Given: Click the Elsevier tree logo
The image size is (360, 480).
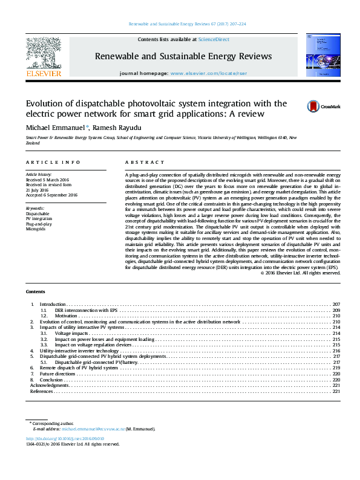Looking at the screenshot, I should [44, 53].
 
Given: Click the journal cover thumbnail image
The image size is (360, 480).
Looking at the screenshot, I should [321, 56].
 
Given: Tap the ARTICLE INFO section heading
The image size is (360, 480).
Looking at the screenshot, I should [53, 163].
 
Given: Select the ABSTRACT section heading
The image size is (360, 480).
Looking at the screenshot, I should [145, 163].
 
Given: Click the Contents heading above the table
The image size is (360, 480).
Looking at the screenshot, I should [36, 291].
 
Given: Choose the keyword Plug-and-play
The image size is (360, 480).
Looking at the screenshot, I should [38, 224].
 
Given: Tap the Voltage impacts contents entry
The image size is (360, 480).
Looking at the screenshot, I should [72, 333].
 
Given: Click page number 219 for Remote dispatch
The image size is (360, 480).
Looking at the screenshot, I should [336, 368].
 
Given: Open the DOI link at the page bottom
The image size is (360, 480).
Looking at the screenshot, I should [65, 438].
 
